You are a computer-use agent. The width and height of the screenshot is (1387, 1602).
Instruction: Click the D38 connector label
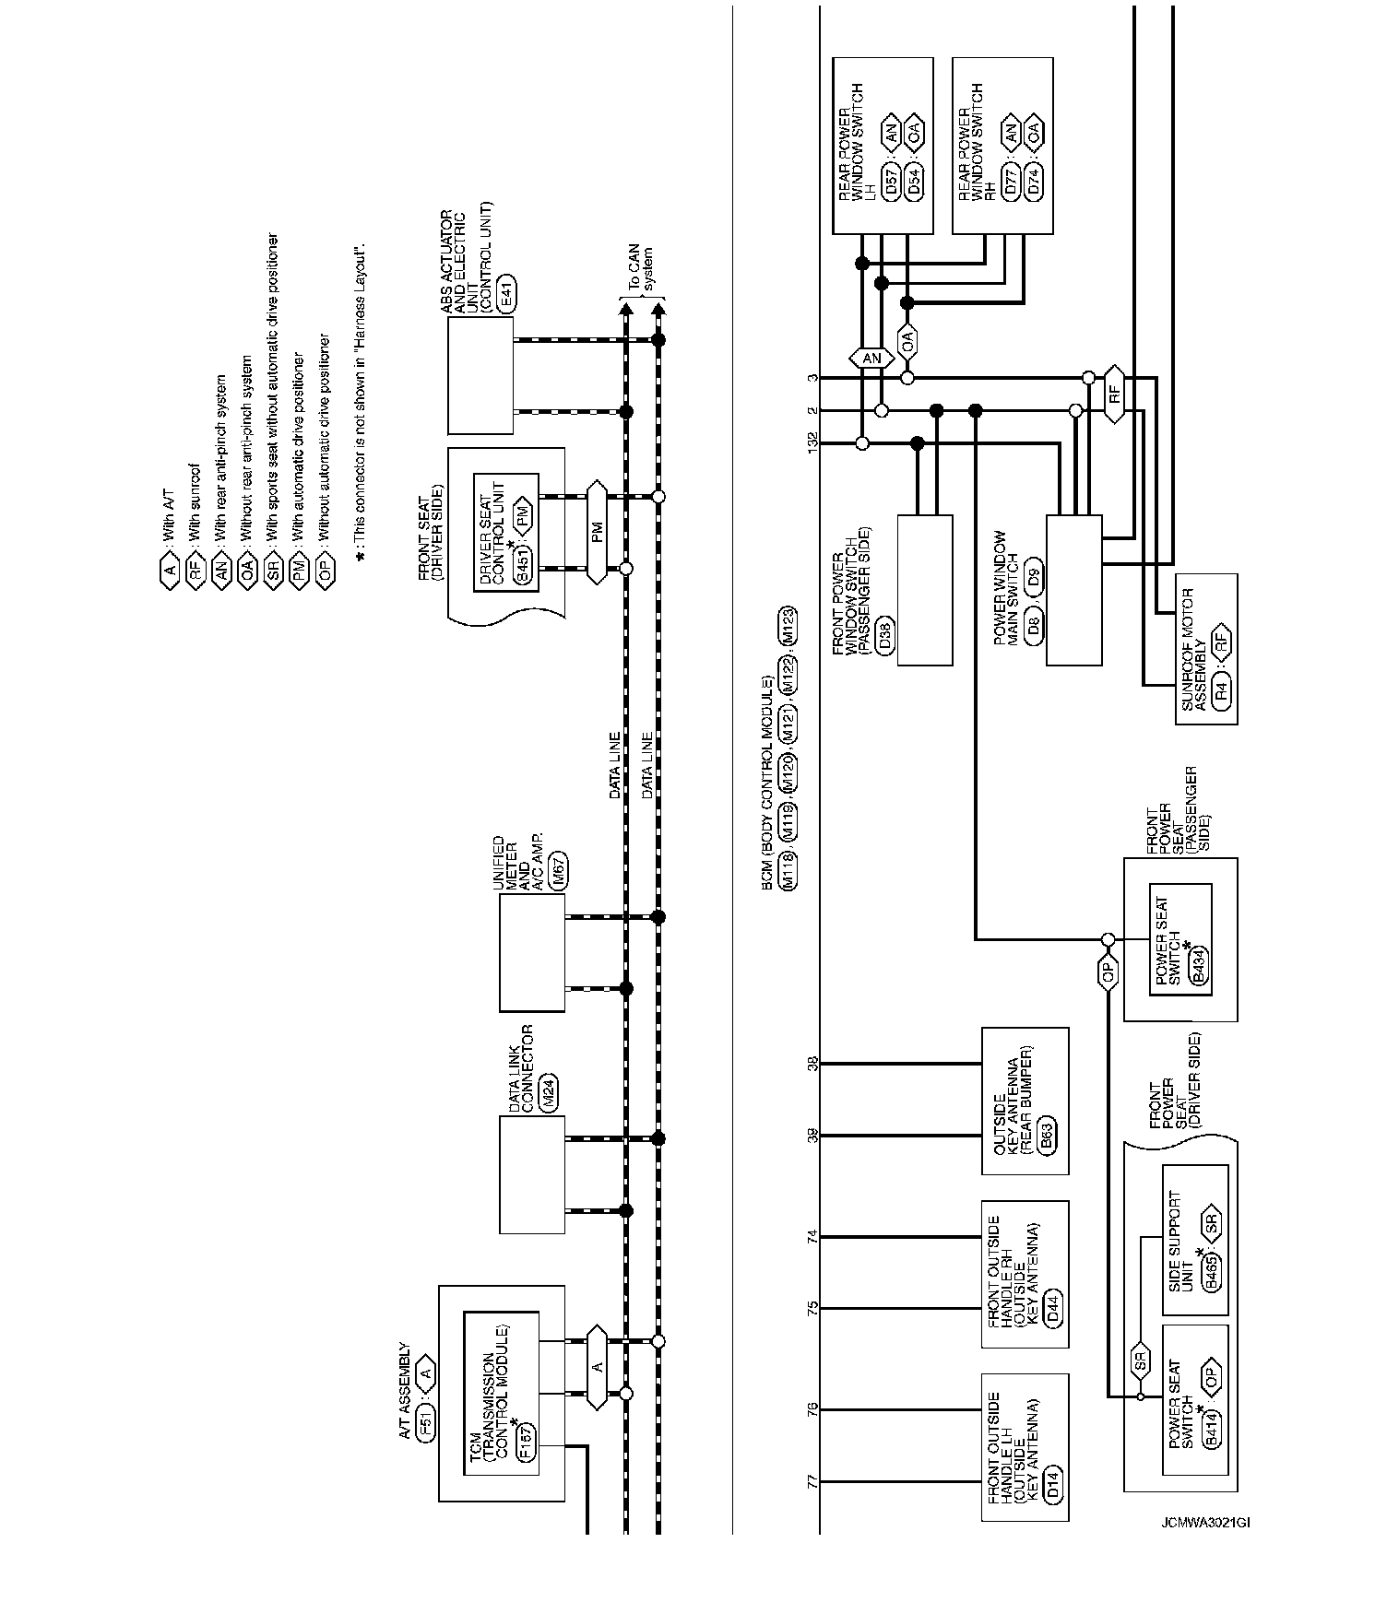click(886, 637)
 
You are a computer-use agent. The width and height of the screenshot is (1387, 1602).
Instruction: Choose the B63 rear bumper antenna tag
click(1047, 1136)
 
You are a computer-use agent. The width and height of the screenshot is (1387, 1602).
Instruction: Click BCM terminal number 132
click(812, 444)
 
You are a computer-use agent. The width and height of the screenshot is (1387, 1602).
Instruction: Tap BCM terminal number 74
click(812, 1237)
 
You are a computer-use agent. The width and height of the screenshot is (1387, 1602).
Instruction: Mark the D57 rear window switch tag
click(891, 181)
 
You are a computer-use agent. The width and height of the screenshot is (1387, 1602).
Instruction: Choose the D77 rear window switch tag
click(1010, 181)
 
